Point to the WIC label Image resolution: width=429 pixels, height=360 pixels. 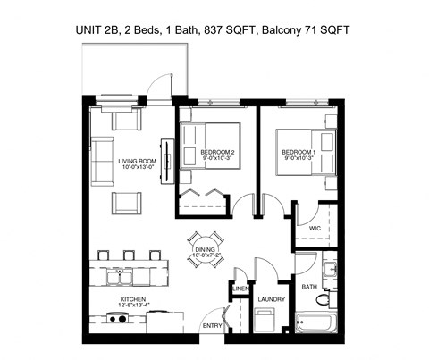point(315,229)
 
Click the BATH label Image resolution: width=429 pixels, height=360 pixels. point(309,287)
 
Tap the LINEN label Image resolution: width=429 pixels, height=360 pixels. point(239,289)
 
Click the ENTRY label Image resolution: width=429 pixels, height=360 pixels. point(212,327)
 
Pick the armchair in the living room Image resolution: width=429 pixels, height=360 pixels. point(126,204)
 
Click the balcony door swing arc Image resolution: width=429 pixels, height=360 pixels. point(159,84)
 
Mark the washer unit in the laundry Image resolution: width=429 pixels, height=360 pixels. point(265,322)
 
